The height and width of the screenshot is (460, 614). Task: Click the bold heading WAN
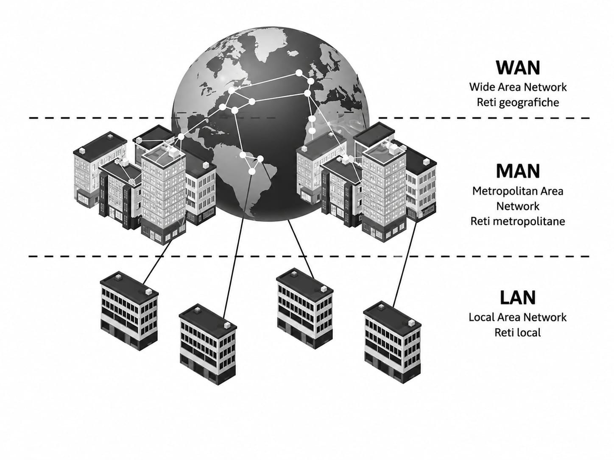click(x=518, y=68)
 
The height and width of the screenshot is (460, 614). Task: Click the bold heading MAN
click(x=518, y=171)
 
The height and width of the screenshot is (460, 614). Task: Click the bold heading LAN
click(x=518, y=297)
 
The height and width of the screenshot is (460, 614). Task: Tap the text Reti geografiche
click(x=518, y=103)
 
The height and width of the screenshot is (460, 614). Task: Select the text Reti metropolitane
click(x=518, y=221)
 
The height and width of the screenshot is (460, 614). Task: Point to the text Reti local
click(x=518, y=333)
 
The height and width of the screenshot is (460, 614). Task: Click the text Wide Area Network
click(x=518, y=87)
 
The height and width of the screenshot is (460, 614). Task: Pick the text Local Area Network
click(x=518, y=317)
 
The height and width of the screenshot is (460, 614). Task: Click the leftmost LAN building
click(x=129, y=310)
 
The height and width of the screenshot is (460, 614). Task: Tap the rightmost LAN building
click(x=393, y=342)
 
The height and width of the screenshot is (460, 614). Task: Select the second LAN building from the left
click(x=208, y=344)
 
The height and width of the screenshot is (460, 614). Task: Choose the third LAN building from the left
click(x=305, y=308)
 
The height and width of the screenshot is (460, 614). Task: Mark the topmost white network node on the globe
click(x=299, y=73)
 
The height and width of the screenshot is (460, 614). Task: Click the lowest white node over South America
click(x=252, y=172)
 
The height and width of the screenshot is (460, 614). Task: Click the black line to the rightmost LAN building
click(x=405, y=264)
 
